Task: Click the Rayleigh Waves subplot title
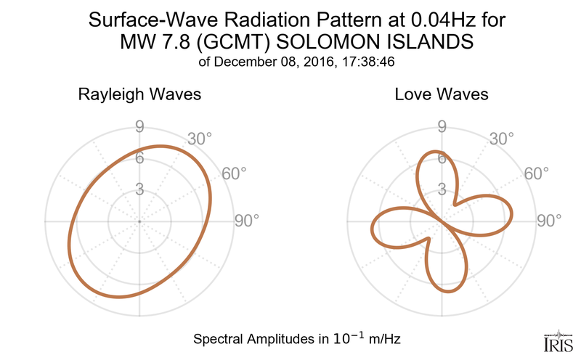click(x=139, y=95)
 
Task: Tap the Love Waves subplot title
click(x=441, y=95)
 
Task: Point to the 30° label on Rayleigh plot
click(x=199, y=139)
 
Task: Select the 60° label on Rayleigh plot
click(x=233, y=173)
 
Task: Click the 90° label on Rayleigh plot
click(x=246, y=221)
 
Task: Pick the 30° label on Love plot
click(x=501, y=139)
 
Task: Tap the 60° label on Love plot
click(x=535, y=173)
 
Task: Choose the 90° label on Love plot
click(x=548, y=221)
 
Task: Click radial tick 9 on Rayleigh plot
click(x=139, y=127)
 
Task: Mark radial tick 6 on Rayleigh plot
click(x=139, y=158)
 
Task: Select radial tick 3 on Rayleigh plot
click(x=139, y=189)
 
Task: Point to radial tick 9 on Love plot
click(x=441, y=127)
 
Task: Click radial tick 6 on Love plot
click(x=441, y=158)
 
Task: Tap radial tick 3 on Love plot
click(x=441, y=189)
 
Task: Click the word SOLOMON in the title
click(x=315, y=42)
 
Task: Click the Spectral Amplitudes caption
click(x=298, y=338)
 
